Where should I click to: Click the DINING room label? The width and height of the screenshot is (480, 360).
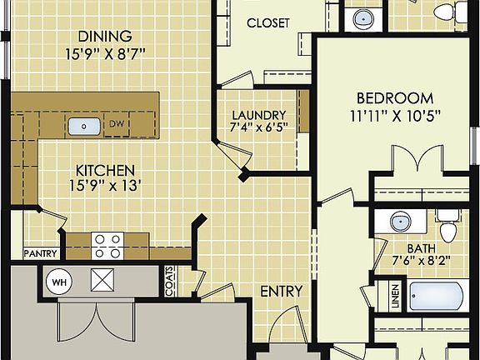[x=105, y=37]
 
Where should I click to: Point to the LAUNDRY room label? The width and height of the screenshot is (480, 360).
[x=259, y=115]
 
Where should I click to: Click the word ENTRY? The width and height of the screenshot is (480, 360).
[x=281, y=291]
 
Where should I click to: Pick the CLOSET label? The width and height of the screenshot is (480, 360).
[x=267, y=23]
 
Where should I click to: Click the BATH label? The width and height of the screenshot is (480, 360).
[x=422, y=248]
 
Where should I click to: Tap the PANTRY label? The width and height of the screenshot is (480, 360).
[x=39, y=252]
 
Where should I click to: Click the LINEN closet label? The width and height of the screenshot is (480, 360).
[x=394, y=294]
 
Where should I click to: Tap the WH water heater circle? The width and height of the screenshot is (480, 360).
[x=57, y=282]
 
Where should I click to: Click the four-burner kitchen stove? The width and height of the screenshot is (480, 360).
[x=107, y=244]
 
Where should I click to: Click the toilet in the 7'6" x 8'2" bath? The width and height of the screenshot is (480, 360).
[x=448, y=227]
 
